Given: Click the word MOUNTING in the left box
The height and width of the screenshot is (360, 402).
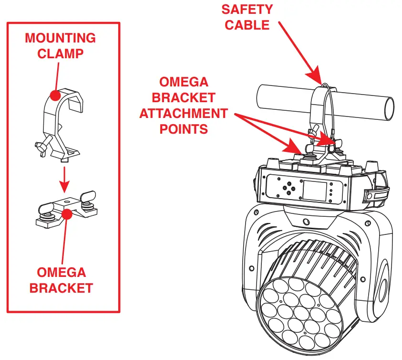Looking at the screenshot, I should click(x=60, y=38).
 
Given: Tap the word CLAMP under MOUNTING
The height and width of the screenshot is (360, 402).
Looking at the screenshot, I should click(x=60, y=53).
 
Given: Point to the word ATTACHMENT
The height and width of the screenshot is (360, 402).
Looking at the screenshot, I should click(x=183, y=113).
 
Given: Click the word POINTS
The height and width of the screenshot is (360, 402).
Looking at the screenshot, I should click(x=183, y=128).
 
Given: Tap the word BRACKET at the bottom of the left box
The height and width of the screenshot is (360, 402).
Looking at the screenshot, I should click(x=61, y=288).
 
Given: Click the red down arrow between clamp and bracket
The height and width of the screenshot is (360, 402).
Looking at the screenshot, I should click(x=64, y=179).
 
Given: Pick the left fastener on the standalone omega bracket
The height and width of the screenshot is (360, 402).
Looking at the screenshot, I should click(x=45, y=210).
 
